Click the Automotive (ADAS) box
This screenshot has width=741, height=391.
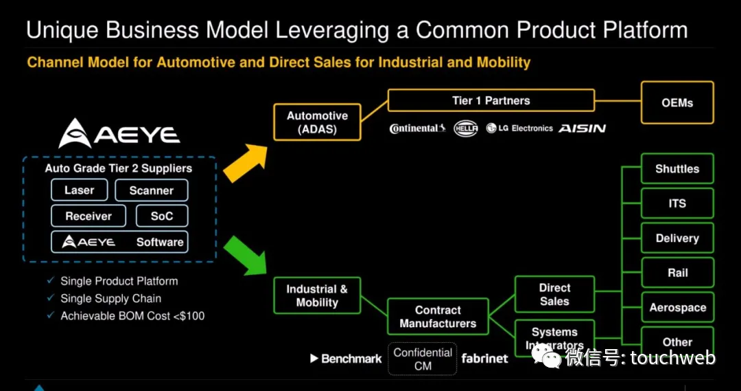click(317, 122)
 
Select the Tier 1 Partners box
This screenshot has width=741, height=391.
click(491, 100)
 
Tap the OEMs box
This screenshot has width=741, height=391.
click(677, 102)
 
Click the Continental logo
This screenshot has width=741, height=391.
click(417, 129)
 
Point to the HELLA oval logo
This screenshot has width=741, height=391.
click(465, 129)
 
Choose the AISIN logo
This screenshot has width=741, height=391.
click(583, 129)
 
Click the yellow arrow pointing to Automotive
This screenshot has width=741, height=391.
click(246, 162)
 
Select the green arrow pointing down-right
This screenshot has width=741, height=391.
click(246, 256)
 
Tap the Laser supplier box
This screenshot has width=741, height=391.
click(80, 190)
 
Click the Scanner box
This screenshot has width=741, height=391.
click(151, 190)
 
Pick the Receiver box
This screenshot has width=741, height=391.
click(89, 216)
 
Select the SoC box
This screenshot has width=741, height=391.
click(162, 216)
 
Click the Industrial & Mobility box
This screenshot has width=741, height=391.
click(317, 295)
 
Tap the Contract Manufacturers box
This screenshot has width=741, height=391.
click(438, 317)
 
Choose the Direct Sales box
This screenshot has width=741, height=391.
click(554, 294)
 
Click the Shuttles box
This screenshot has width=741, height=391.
click(677, 168)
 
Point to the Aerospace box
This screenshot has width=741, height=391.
click(677, 307)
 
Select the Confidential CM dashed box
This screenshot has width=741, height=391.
click(423, 359)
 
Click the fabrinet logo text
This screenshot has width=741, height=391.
click(484, 358)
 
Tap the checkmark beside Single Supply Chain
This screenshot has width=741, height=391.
click(51, 298)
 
